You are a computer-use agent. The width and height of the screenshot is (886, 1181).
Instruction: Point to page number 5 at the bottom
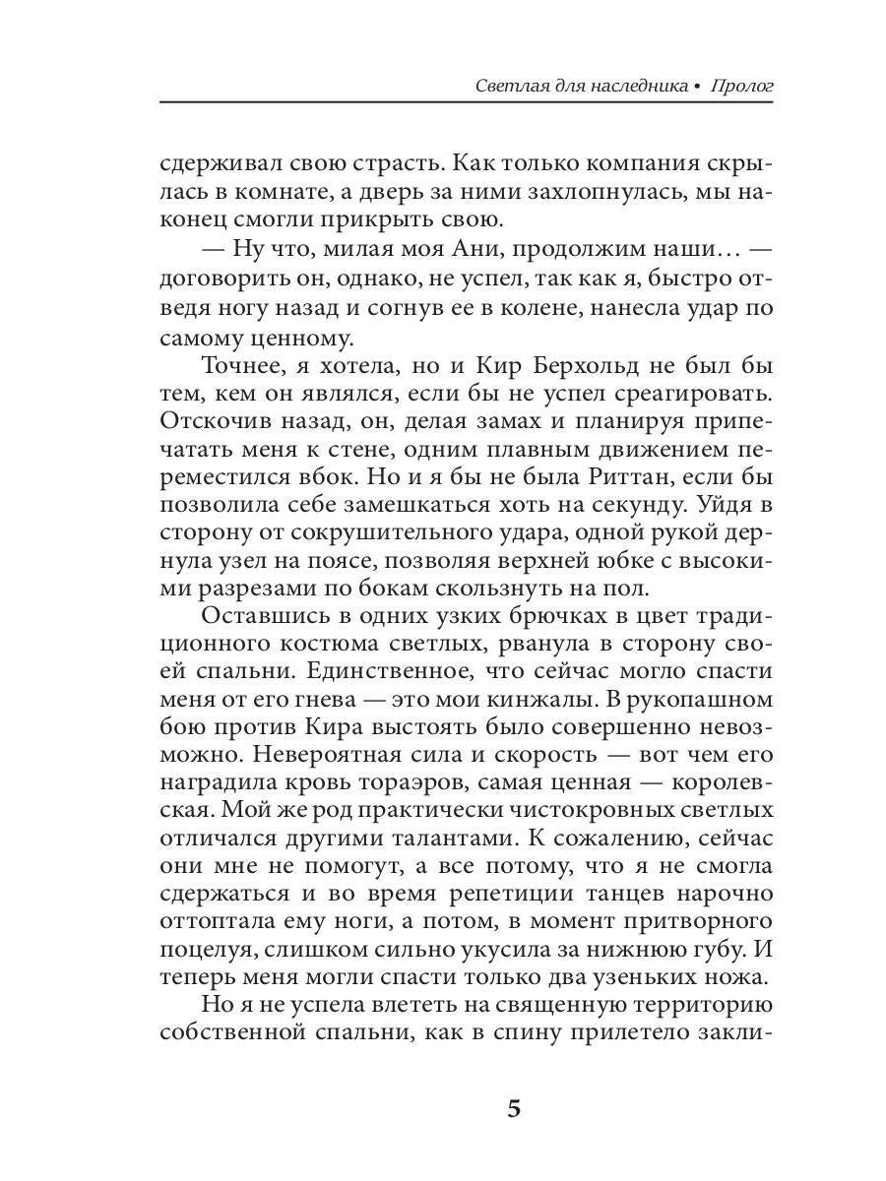(513, 1110)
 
